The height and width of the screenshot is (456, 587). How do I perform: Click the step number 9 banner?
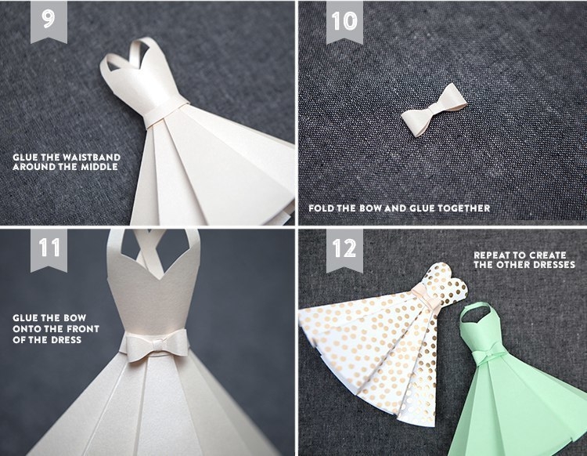point(49,21)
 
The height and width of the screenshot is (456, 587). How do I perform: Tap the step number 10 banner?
point(344,21)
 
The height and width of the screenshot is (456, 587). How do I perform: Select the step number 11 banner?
point(49,250)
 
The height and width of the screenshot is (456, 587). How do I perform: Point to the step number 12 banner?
point(344,250)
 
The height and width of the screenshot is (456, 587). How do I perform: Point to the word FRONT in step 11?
point(84,329)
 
